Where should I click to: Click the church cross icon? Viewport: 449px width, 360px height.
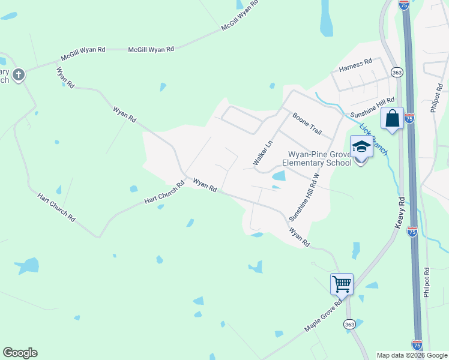(x=19, y=75)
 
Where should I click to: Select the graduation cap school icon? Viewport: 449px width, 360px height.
(x=361, y=147)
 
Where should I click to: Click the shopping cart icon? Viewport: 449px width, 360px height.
(x=342, y=284)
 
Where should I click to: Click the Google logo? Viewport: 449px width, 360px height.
(x=20, y=353)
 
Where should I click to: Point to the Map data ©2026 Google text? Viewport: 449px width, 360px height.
(x=412, y=355)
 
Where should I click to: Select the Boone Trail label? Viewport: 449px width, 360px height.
(x=308, y=124)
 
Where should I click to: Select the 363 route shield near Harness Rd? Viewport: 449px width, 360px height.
(x=396, y=73)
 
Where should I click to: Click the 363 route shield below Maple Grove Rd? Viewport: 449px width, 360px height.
(x=350, y=325)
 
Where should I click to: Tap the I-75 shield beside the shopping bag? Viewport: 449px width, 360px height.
(x=409, y=119)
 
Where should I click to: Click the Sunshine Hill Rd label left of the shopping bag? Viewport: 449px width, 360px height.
(x=373, y=108)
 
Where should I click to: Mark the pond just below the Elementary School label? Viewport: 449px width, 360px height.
(x=279, y=176)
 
